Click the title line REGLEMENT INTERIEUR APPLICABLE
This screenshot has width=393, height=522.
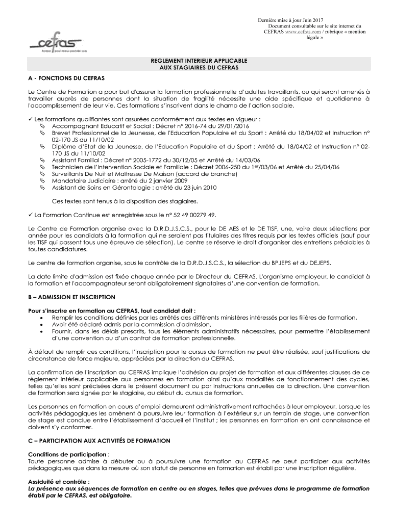click(196, 60)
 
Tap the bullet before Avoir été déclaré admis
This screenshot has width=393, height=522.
click(40, 324)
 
